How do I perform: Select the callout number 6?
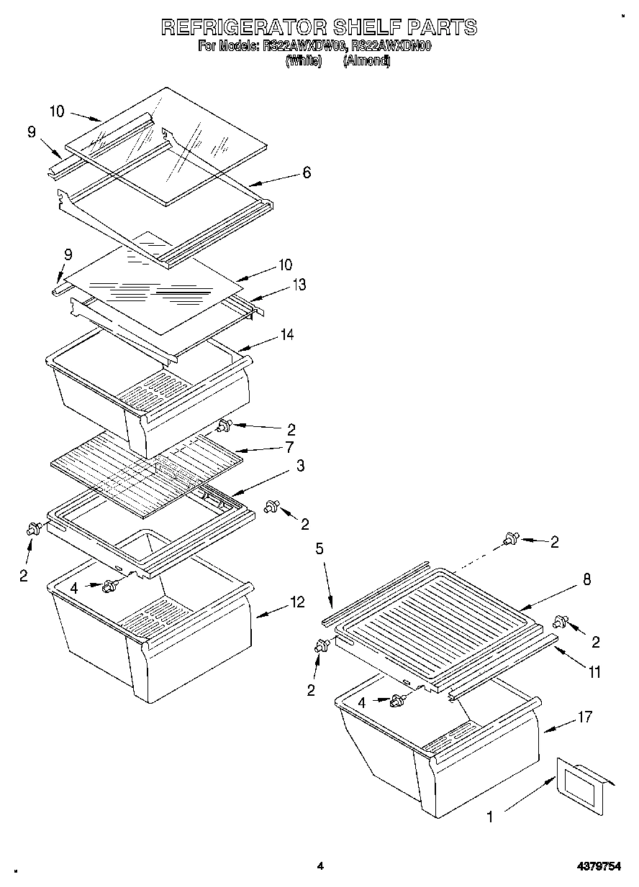307,173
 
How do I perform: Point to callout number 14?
287,334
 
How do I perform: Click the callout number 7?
289,448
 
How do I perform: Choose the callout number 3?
299,467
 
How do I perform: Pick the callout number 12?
297,602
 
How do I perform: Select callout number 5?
320,549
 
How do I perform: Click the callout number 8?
586,580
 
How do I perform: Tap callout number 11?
594,673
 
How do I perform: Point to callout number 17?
585,717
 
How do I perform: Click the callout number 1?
490,817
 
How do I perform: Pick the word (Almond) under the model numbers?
366,61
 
